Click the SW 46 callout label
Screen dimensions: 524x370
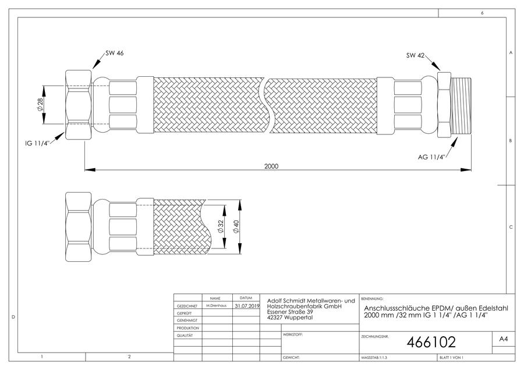114,53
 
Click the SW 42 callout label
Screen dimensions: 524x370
415,55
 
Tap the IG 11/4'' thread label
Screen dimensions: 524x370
37,144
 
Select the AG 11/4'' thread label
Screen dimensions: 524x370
431,157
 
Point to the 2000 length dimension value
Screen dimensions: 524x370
271,166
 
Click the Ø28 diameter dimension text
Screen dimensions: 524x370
40,104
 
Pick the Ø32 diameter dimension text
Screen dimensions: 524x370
220,226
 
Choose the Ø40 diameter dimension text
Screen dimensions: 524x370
236,227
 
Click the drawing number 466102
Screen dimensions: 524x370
431,342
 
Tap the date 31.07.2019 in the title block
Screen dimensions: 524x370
247,305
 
